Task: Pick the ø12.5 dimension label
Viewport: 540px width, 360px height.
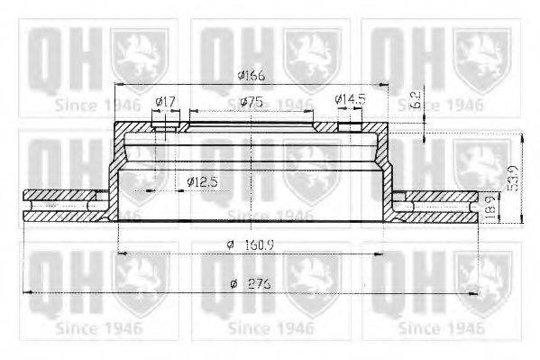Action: (204, 181)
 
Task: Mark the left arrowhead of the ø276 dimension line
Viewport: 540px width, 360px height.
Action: (26, 292)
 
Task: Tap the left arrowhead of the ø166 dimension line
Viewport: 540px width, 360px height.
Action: (118, 86)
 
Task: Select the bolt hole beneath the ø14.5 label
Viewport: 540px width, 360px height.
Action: (349, 127)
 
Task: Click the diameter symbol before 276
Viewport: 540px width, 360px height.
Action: (233, 283)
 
